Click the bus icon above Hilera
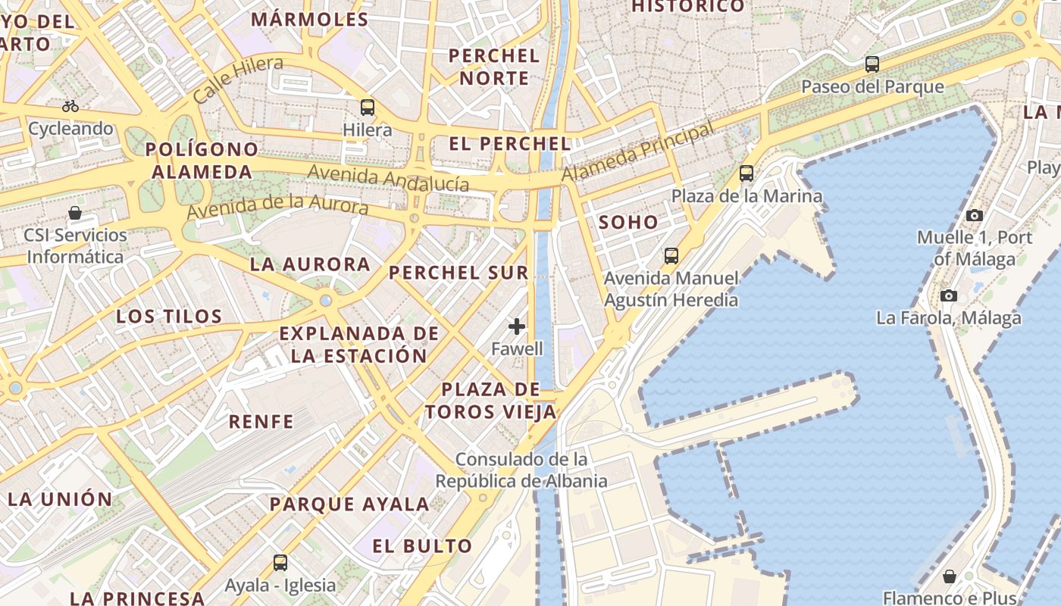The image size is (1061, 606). click(x=368, y=108)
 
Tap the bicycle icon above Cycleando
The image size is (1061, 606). click(x=70, y=106)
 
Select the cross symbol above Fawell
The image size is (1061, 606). click(x=517, y=326)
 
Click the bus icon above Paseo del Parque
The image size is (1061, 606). click(x=872, y=64)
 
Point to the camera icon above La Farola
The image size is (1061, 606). click(x=948, y=295)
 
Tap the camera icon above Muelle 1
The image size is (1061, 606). click(x=975, y=215)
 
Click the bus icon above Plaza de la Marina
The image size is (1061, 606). click(x=746, y=173)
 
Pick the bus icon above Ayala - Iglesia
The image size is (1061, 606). click(x=280, y=562)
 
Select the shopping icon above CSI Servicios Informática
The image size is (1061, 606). click(x=75, y=213)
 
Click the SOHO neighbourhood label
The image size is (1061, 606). click(x=628, y=223)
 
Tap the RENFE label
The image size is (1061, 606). click(x=261, y=422)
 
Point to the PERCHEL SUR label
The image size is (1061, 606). click(x=459, y=273)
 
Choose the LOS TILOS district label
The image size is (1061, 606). click(x=169, y=317)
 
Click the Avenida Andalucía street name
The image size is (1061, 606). click(x=387, y=177)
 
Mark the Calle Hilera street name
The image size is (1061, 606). click(x=237, y=79)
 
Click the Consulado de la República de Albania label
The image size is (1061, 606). click(x=521, y=470)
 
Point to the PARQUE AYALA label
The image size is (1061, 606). click(x=349, y=504)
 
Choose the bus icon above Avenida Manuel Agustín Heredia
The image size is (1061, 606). click(x=671, y=256)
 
